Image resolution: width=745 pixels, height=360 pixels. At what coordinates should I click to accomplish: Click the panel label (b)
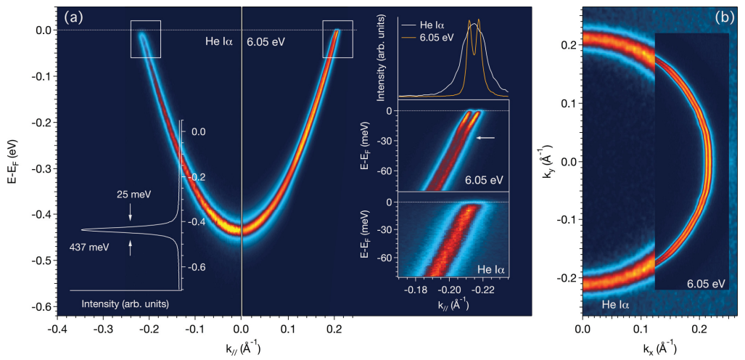coord(723,16)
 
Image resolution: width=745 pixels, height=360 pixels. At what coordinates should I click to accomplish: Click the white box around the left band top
coord(146,39)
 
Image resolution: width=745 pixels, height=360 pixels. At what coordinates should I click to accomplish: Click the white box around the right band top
coord(337,39)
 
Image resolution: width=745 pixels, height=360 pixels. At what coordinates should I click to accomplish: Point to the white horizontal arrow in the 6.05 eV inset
coord(485,136)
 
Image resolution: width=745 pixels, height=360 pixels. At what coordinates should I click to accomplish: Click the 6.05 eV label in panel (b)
coord(705,282)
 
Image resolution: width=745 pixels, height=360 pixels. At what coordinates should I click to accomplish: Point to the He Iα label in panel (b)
coord(618,305)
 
